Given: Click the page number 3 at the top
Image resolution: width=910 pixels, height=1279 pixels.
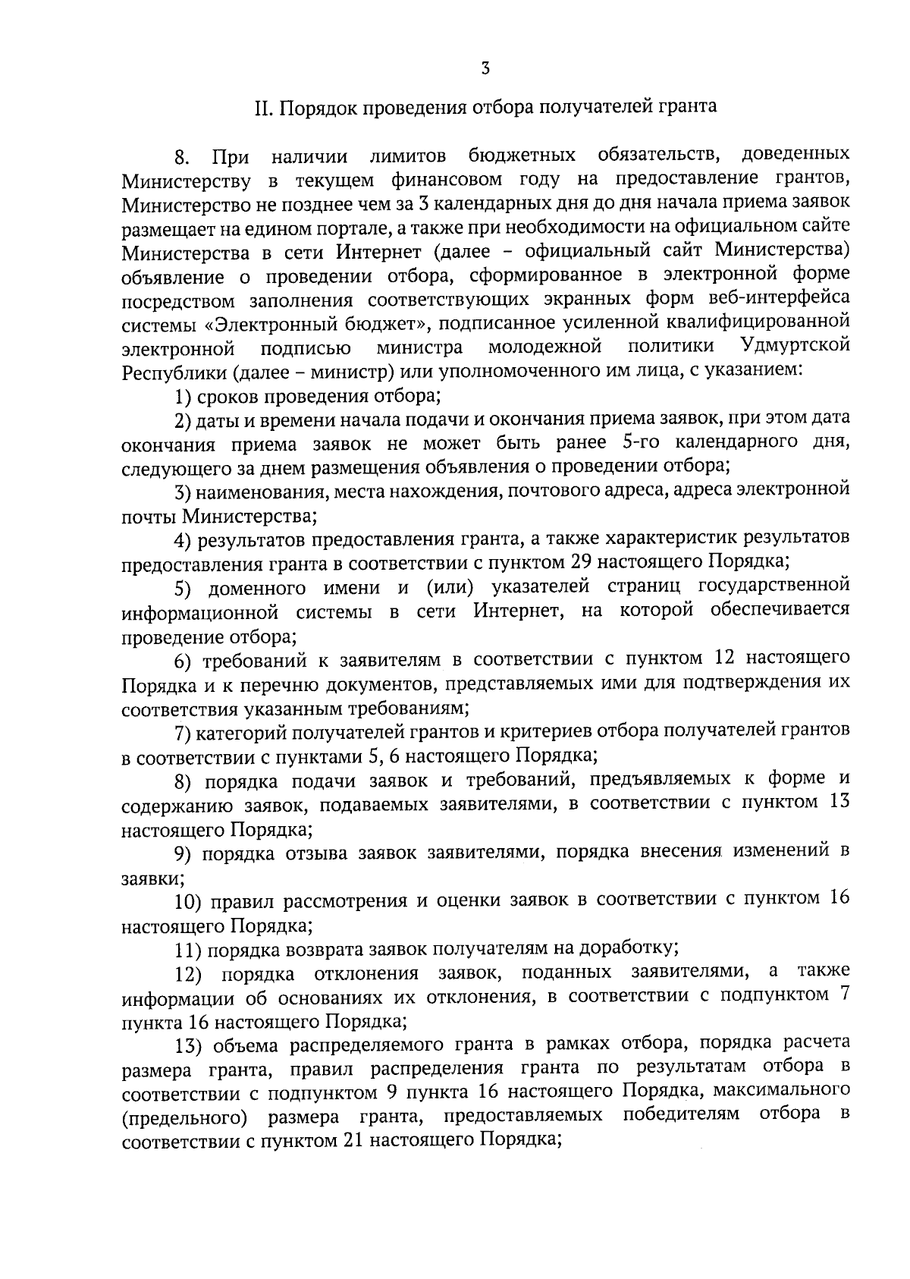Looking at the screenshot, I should tap(485, 69).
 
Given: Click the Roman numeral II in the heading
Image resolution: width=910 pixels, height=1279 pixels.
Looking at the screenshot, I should tap(262, 107).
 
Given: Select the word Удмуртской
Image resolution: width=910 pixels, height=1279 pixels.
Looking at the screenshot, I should tap(792, 346).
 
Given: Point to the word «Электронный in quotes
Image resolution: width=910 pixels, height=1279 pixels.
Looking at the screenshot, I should tap(249, 322).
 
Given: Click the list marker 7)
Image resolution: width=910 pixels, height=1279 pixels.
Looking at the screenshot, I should tap(182, 732).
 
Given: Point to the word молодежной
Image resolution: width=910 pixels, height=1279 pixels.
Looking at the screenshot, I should tap(545, 347).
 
